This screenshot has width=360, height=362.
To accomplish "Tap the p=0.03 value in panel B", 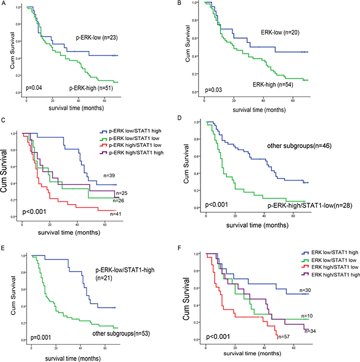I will click(x=213, y=89).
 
